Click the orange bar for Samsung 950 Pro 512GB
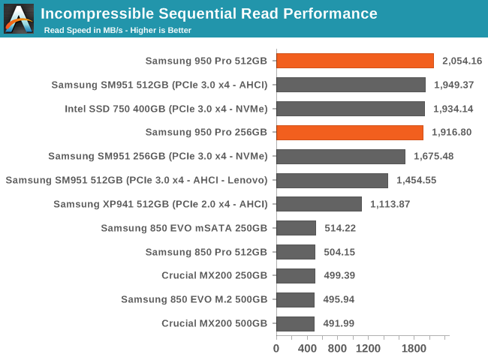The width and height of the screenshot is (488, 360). (x=355, y=61)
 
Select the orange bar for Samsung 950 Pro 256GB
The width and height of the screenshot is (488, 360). (x=350, y=133)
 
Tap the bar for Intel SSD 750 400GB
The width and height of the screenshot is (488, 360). (x=351, y=109)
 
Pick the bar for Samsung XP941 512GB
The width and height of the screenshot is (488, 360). (x=319, y=204)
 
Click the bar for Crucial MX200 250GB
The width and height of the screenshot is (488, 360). (x=296, y=275)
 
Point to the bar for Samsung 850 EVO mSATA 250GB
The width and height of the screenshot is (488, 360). (x=297, y=228)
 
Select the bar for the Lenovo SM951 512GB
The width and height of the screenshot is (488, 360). (x=332, y=180)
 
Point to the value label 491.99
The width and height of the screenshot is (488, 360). (x=339, y=323)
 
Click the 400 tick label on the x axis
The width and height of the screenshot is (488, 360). (x=307, y=348)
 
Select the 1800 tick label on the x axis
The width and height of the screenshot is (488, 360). (x=414, y=348)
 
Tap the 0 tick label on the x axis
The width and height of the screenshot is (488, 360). (x=276, y=348)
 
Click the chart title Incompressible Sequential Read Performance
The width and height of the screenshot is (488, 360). (x=209, y=13)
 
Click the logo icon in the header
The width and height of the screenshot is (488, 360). (x=19, y=19)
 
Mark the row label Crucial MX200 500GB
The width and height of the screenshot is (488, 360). (x=214, y=323)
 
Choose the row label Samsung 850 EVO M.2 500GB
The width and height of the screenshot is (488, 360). (x=194, y=299)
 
